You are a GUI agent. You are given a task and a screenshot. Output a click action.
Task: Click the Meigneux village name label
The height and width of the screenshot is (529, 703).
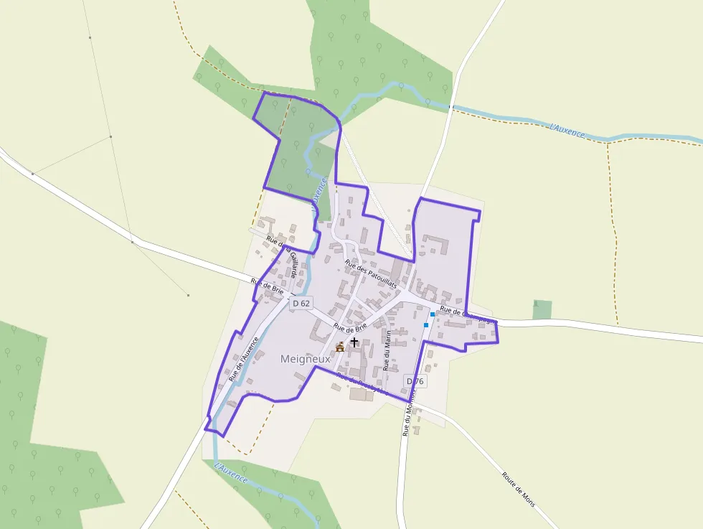point(305,358)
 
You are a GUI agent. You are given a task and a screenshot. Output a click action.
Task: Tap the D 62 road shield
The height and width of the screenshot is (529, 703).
point(301,304)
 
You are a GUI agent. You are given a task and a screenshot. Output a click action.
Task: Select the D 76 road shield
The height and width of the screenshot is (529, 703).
point(415,380)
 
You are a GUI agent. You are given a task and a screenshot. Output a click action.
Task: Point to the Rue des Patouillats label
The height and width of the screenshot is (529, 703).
point(371,274)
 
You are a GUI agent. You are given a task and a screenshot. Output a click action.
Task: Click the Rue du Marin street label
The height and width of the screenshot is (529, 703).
point(387,350)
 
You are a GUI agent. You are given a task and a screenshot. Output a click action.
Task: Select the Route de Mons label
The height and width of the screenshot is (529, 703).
point(518,489)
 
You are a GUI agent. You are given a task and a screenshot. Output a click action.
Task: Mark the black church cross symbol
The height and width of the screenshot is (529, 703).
point(354,342)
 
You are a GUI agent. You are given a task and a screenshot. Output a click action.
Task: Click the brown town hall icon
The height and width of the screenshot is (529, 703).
point(339,347)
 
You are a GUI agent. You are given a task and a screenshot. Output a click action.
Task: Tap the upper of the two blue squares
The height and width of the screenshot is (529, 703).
point(432,314)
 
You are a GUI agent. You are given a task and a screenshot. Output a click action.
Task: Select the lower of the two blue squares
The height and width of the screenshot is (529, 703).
point(426,325)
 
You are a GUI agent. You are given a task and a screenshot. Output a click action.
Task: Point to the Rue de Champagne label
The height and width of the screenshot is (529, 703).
point(468,315)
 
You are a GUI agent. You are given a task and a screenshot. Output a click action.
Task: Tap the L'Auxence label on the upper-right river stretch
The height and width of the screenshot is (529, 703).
point(567,131)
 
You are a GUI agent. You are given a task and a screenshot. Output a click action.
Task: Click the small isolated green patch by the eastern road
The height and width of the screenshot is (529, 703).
point(542,309)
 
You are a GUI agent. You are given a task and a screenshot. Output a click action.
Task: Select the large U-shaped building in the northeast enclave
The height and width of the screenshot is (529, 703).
point(435,244)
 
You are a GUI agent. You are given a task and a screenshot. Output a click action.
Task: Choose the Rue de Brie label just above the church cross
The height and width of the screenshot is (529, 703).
point(350,328)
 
